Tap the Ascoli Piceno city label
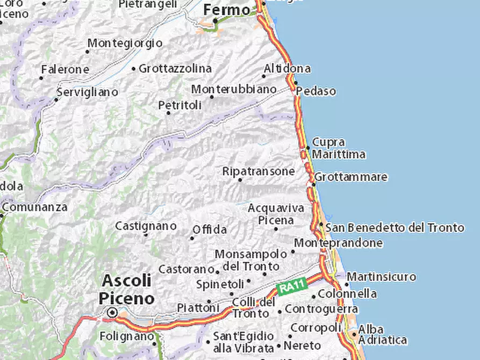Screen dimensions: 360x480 pos(127,289)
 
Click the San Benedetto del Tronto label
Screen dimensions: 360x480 pos(395,228)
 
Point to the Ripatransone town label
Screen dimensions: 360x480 pos(259,171)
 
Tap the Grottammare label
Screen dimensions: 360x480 pos(351,177)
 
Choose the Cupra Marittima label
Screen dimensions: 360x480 pos(339,148)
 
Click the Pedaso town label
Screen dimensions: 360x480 pos(316,91)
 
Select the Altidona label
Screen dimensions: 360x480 pos(287,69)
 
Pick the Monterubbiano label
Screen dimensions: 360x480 pos(234,89)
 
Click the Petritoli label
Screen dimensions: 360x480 pos(180,105)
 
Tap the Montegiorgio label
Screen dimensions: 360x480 pos(125,42)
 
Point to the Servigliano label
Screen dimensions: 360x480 pos(87,92)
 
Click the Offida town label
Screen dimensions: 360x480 pos(209,229)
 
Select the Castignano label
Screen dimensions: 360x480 pos(146,226)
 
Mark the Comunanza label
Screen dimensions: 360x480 pos(35,207)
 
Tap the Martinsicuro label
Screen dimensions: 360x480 pos(381,277)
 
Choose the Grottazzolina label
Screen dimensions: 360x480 pos(175,69)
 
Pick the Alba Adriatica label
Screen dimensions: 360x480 pos(382,334)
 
